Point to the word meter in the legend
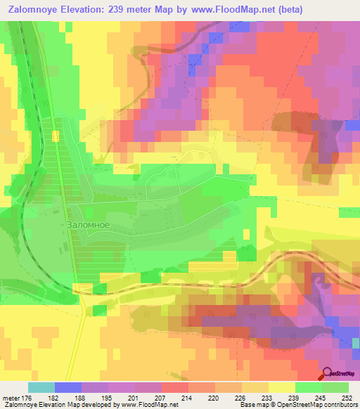11,397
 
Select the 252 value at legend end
347,397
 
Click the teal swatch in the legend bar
41,387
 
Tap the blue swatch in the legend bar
68,387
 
